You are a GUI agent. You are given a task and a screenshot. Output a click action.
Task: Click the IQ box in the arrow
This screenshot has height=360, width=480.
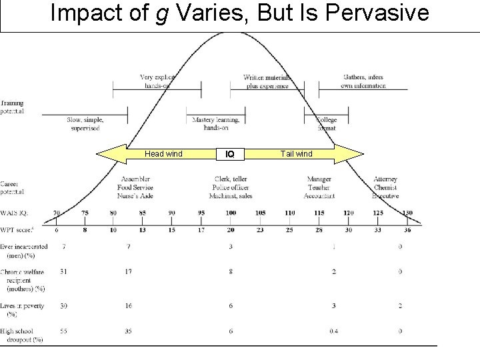tap(230, 154)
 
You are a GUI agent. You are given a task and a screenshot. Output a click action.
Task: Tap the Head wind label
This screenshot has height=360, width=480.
tap(163, 154)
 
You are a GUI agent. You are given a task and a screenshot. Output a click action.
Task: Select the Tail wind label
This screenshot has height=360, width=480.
tap(296, 154)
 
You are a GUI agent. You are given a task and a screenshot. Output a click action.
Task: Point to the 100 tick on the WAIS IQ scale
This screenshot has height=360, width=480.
tap(231, 213)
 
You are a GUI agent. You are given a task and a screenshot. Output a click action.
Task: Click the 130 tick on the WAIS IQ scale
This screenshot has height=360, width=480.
tap(407, 213)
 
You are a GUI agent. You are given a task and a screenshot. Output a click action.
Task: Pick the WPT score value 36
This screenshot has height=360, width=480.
tap(407, 231)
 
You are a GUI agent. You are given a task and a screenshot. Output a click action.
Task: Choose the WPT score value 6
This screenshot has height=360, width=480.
tap(57, 231)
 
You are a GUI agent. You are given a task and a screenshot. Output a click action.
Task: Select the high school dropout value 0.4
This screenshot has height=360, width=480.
tap(333, 331)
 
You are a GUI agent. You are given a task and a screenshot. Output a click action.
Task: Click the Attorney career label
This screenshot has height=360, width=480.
tap(385, 179)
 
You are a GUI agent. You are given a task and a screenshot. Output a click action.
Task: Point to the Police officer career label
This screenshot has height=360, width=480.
tap(231, 188)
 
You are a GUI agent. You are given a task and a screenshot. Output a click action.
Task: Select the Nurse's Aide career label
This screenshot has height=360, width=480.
tap(136, 196)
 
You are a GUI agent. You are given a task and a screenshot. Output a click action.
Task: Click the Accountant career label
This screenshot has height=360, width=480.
tap(319, 196)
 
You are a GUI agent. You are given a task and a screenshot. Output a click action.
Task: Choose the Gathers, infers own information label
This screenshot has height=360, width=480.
tap(363, 81)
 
